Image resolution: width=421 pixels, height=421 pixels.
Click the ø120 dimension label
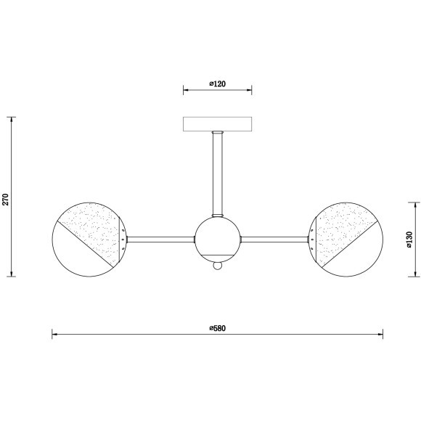click(x=218, y=83)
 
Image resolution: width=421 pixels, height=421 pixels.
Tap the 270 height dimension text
click(x=6, y=199)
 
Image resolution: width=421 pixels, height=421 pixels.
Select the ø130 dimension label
click(x=409, y=240)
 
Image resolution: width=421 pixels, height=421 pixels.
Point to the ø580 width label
click(x=218, y=328)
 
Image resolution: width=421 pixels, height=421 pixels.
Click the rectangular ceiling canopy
click(x=217, y=124)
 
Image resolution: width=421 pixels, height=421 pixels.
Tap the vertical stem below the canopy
click(x=218, y=174)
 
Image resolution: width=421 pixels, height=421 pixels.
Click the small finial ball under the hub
click(x=218, y=266)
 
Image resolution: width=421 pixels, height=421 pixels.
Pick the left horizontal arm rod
click(x=160, y=240)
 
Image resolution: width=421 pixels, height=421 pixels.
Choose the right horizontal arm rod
click(x=274, y=240)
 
